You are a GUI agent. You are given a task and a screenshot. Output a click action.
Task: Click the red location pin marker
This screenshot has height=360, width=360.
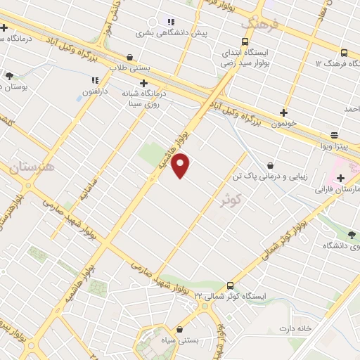coord(181,165)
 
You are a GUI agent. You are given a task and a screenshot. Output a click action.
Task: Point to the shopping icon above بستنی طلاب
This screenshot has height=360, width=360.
coord(129,57)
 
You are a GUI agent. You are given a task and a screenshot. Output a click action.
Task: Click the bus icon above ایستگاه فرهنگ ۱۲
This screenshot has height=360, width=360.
coord(343,53)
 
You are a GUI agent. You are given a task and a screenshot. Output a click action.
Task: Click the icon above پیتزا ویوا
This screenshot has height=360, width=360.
coord(334,135)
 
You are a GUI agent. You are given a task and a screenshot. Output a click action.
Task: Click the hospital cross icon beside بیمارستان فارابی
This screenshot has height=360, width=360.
coord(341,178)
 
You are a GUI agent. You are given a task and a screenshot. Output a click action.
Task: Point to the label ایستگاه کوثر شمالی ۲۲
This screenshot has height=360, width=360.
coord(235,295)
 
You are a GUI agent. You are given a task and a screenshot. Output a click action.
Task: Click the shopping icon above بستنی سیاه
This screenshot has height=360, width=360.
coord(179,329)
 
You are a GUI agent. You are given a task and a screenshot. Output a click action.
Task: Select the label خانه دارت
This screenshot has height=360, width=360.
coord(294,328)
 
